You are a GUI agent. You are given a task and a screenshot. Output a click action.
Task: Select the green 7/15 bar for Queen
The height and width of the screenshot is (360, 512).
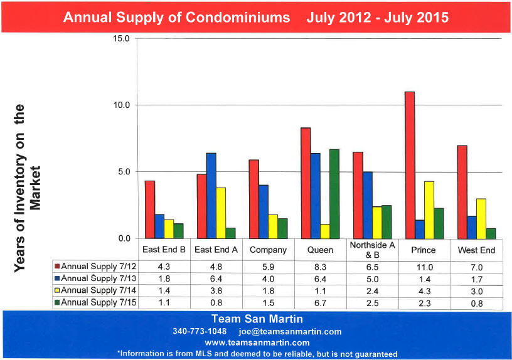pos(334,194)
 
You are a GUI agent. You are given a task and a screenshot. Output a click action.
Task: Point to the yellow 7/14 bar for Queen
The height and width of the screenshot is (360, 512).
pos(324,231)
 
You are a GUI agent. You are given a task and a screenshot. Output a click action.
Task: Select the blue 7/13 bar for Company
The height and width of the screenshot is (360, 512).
pos(264,211)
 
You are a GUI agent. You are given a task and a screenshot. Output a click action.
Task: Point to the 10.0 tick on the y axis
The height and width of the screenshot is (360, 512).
pos(120,105)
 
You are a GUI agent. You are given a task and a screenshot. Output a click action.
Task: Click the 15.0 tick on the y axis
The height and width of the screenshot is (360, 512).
pos(120,38)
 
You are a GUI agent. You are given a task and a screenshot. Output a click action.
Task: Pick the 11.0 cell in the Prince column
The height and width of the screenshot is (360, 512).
pos(425,267)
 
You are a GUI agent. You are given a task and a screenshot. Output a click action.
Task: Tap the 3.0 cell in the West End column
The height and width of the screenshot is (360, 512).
pos(477,291)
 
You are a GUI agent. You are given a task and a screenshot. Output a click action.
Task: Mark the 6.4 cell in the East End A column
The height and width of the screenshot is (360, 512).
pos(215,279)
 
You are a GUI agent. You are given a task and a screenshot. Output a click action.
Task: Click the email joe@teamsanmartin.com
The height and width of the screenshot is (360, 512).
pos(290,331)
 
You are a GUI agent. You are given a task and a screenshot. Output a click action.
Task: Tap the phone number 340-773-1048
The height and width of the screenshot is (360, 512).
pos(200,331)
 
